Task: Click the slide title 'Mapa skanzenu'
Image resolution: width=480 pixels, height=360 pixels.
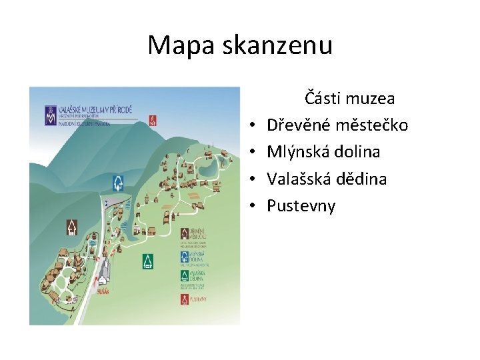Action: pos(239,45)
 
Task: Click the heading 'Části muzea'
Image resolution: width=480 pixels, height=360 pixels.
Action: pos(349,99)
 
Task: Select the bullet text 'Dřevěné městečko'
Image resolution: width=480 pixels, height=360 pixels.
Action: pos(337,125)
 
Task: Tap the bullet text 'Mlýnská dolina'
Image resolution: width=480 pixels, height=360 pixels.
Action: pos(323,152)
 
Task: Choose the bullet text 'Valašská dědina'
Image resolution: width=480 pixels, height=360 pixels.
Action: pos(327,179)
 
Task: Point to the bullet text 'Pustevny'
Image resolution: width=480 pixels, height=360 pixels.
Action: pos(301,205)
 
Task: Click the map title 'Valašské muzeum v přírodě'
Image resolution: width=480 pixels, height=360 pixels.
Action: pos(93,108)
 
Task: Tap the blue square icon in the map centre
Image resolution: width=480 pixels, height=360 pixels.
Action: pos(118,182)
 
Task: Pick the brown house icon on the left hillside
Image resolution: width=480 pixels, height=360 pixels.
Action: pos(71,228)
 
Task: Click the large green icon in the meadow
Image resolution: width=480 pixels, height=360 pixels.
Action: pos(148,261)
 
